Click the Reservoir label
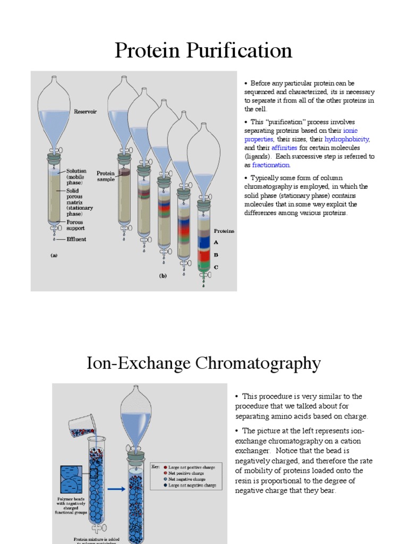[85, 112]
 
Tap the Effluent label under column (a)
[76, 239]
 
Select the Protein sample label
[106, 176]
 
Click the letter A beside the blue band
[216, 242]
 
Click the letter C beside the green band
[216, 267]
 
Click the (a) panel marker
[54, 255]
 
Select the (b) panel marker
[164, 276]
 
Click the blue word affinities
[284, 148]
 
